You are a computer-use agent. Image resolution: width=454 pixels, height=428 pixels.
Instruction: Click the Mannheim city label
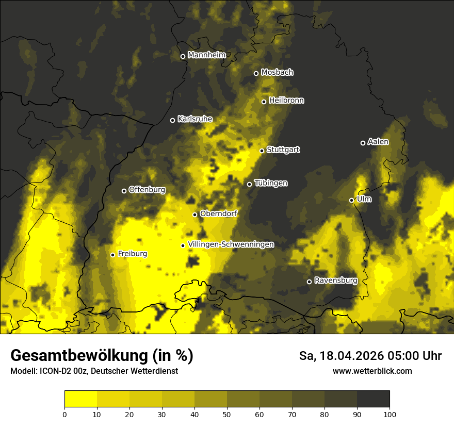[x=206, y=55]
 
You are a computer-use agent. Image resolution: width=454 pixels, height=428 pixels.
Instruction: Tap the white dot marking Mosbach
[x=256, y=73]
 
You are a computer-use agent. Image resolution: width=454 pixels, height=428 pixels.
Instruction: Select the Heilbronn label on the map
[x=286, y=101]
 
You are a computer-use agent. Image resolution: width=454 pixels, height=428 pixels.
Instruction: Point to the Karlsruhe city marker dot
[x=173, y=120]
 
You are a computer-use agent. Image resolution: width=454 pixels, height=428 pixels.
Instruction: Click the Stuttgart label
[x=283, y=150]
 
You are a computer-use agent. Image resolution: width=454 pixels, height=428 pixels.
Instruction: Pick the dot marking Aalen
[x=363, y=143]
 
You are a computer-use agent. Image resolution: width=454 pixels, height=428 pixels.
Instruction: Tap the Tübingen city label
[x=271, y=183]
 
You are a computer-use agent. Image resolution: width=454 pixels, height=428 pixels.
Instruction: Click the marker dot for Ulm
[x=351, y=200]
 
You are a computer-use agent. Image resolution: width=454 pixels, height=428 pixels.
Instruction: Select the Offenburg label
[x=147, y=190]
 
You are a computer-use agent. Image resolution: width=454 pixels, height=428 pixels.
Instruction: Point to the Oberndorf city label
[x=218, y=213]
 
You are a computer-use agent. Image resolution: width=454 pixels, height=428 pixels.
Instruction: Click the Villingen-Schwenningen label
[x=231, y=244]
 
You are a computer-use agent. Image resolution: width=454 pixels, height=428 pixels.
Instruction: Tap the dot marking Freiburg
[x=112, y=255]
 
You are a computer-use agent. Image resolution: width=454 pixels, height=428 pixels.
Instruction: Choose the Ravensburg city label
[x=336, y=281]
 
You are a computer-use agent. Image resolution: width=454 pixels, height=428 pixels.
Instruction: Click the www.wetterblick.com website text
[x=372, y=371]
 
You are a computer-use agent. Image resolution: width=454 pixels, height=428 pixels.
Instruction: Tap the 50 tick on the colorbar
[x=227, y=414]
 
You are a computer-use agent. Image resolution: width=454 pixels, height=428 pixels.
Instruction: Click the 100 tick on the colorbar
[x=389, y=414]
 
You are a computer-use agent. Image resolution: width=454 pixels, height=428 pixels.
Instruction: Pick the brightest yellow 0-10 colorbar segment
[x=80, y=399]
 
